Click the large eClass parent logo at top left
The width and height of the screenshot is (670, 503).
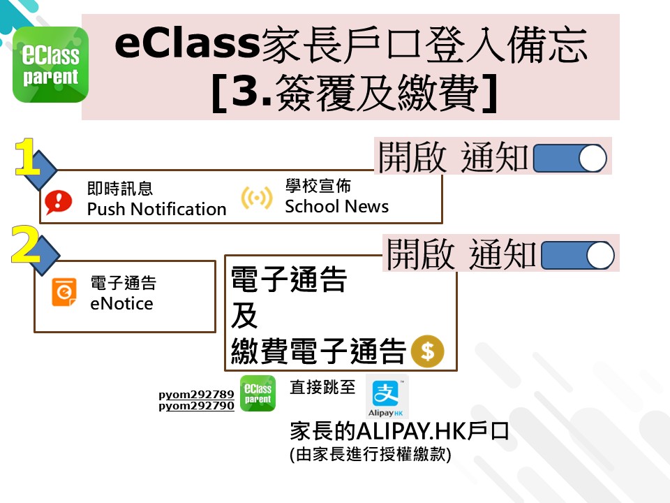50,64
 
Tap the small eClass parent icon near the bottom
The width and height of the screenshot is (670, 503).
258,393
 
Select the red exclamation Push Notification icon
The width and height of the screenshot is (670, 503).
58,201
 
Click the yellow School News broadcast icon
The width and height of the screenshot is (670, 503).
256,198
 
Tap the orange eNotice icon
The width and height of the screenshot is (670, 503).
64,292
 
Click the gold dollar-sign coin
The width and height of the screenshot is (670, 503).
427,351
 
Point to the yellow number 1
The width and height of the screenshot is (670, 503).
27,156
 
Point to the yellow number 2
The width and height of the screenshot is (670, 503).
26,244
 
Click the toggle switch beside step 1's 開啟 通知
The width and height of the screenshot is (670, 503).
570,158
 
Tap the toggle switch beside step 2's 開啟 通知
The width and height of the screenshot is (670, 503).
578,256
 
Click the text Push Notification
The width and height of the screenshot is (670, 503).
157,209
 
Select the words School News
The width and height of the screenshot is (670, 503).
336,206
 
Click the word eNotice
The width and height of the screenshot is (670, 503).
121,303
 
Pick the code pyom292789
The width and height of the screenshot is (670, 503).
196,394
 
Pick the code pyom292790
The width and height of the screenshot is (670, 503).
196,405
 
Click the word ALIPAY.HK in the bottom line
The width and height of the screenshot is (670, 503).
411,431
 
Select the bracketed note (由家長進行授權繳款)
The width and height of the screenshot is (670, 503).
371,454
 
